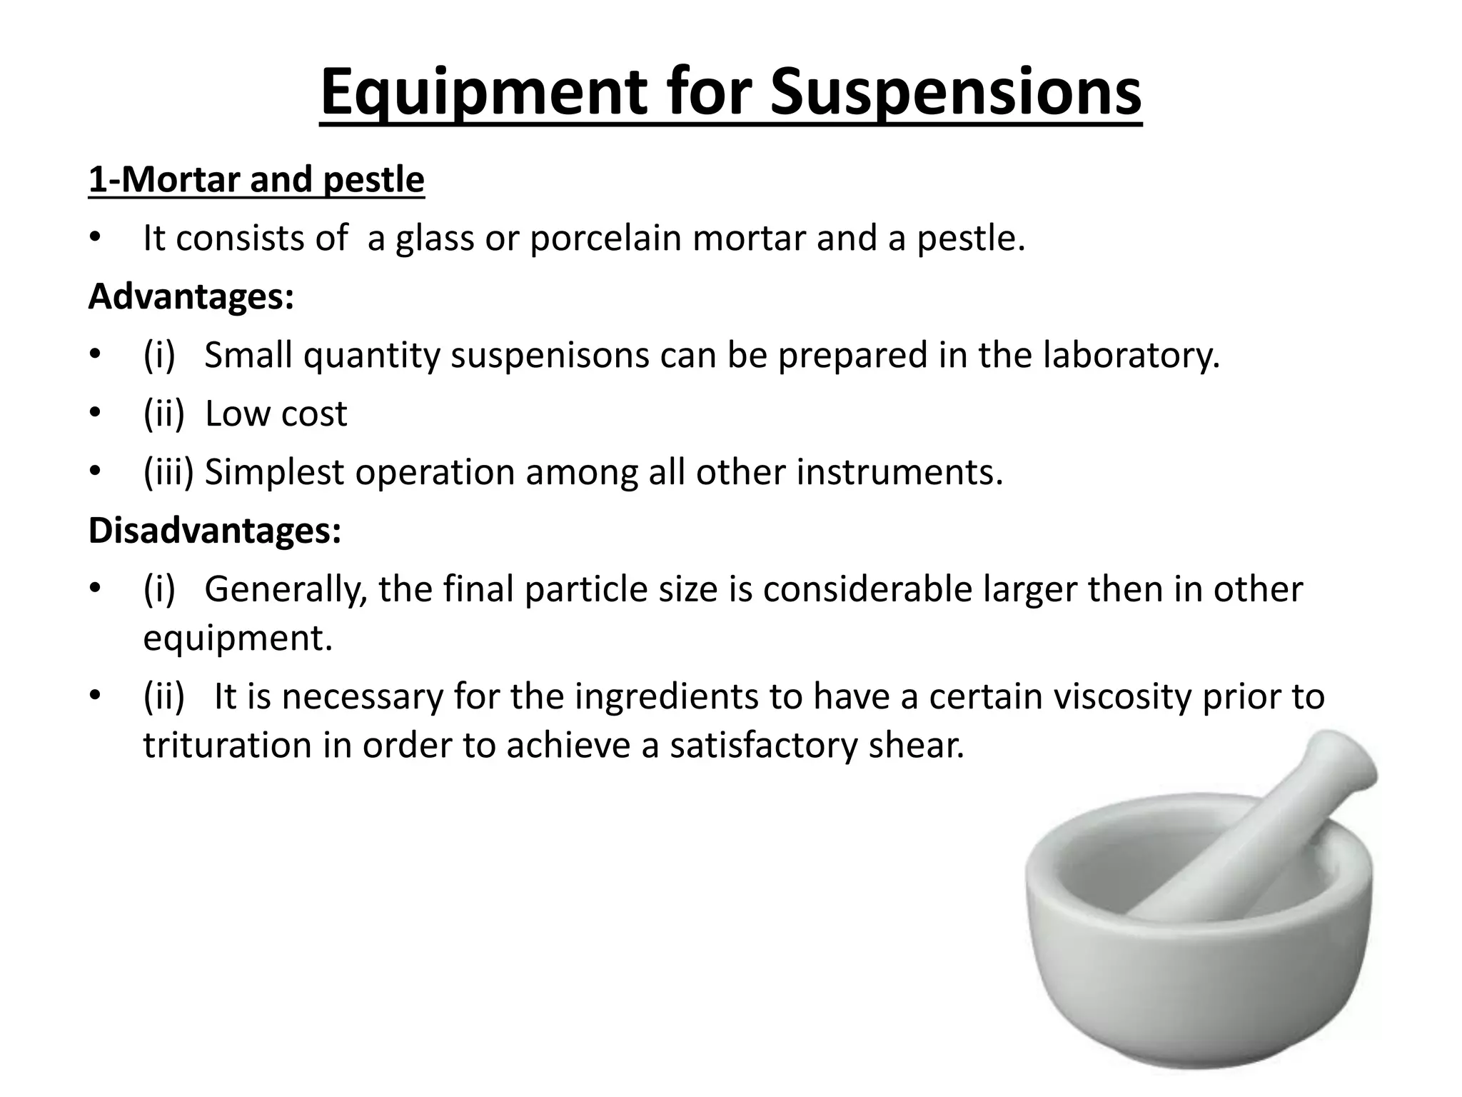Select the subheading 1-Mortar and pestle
[x=256, y=179]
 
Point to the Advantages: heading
[x=191, y=296]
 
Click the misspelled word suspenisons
[x=550, y=355]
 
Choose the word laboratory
[x=1131, y=355]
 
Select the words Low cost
[x=276, y=414]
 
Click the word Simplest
[x=274, y=472]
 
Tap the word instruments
[x=899, y=472]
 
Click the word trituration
[x=227, y=745]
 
